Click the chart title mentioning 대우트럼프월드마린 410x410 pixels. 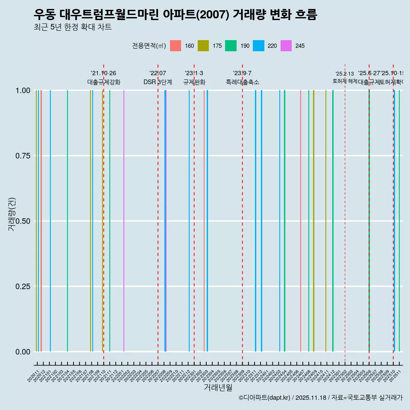pyautogui.click(x=175, y=15)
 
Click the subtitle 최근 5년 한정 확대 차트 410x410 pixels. pyautogui.click(x=73, y=27)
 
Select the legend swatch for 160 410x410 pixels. pyautogui.click(x=176, y=46)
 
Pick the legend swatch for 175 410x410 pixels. pyautogui.click(x=203, y=46)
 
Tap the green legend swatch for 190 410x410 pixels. pyautogui.click(x=231, y=46)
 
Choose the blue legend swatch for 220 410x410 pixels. pyautogui.click(x=258, y=46)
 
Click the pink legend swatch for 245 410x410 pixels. pyautogui.click(x=286, y=46)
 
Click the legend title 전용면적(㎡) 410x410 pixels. pyautogui.click(x=149, y=46)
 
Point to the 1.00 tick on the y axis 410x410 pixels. pyautogui.click(x=22, y=91)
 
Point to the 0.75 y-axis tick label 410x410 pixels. pyautogui.click(x=22, y=156)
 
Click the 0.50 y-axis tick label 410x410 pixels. pyautogui.click(x=22, y=221)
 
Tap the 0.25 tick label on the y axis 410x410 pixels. pyautogui.click(x=22, y=287)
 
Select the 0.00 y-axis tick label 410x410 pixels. pyautogui.click(x=22, y=352)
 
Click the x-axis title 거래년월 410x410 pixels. pyautogui.click(x=218, y=387)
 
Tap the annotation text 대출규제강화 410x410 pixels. pyautogui.click(x=104, y=82)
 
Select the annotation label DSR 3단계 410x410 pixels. pyautogui.click(x=158, y=82)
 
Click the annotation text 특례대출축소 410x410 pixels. pyautogui.click(x=243, y=82)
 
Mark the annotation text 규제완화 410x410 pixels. pyautogui.click(x=194, y=82)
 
